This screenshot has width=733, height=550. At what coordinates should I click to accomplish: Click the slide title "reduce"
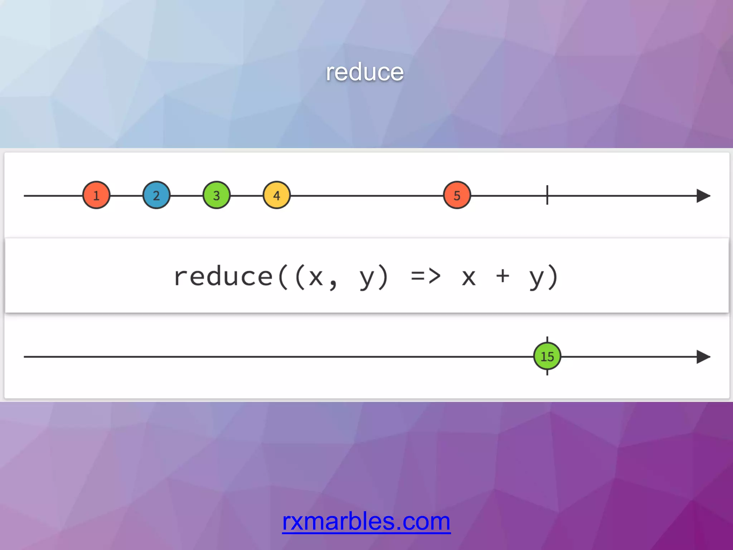[365, 72]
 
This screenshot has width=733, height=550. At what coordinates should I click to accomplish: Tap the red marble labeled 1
[96, 195]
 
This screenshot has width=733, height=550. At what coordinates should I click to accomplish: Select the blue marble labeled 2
[156, 195]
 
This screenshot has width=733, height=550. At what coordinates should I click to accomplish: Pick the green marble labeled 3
[217, 195]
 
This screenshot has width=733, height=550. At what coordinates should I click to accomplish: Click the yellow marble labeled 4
[277, 195]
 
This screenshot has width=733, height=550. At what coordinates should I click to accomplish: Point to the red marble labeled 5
[457, 195]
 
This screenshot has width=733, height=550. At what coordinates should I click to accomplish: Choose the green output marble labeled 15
[547, 356]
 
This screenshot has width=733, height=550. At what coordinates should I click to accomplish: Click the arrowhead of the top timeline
[703, 196]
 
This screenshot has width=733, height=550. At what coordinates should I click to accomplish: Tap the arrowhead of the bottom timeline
[703, 357]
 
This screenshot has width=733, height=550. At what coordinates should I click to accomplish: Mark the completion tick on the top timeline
[547, 195]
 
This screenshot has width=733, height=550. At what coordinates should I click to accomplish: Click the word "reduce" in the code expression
[223, 276]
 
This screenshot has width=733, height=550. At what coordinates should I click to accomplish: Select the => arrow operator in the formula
[426, 276]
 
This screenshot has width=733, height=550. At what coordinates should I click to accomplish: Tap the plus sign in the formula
[503, 276]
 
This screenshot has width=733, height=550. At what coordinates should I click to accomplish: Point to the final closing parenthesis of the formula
[553, 277]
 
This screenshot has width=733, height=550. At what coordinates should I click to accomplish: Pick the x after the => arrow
[469, 278]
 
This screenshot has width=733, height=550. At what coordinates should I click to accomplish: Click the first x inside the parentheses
[316, 278]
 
